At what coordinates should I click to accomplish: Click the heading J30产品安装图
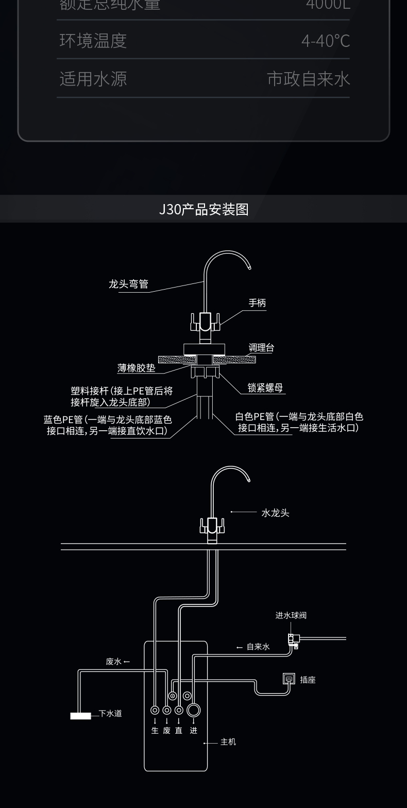tap(203, 209)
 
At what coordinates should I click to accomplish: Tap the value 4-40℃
tap(326, 41)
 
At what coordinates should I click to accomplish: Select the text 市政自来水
tap(308, 79)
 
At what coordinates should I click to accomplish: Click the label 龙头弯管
tap(128, 284)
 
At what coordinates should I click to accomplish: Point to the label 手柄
tap(257, 303)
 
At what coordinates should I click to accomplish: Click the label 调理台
tap(261, 348)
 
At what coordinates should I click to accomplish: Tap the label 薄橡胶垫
tap(136, 368)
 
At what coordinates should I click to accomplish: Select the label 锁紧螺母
tap(265, 388)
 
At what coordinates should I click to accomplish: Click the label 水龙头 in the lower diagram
tap(275, 513)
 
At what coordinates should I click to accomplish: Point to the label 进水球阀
tap(291, 615)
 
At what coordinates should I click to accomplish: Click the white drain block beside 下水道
tap(80, 715)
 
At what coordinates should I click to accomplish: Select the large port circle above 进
tap(193, 710)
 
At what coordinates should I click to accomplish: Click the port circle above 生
tap(155, 710)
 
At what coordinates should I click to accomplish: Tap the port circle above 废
tap(166, 710)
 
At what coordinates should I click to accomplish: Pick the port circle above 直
tap(179, 710)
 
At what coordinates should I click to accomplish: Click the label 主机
tap(228, 742)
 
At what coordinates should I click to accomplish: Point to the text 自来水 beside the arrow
tap(258, 647)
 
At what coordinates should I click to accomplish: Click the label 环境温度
tap(93, 41)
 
